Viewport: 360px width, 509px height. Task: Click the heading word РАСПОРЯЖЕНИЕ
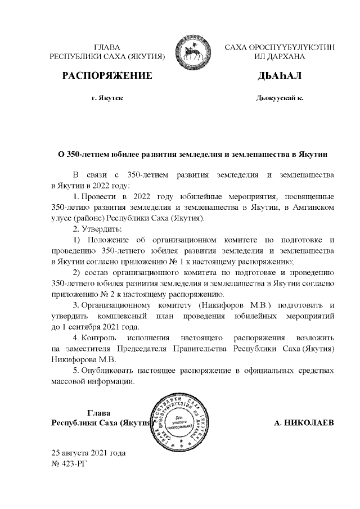pos(107,75)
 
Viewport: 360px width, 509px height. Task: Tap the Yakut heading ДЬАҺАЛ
pos(279,75)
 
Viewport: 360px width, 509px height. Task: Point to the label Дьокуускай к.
pos(279,98)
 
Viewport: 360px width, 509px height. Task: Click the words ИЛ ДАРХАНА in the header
pos(279,57)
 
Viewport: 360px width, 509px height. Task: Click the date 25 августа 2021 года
pos(88,453)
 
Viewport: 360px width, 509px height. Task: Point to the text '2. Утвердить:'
pos(97,228)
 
